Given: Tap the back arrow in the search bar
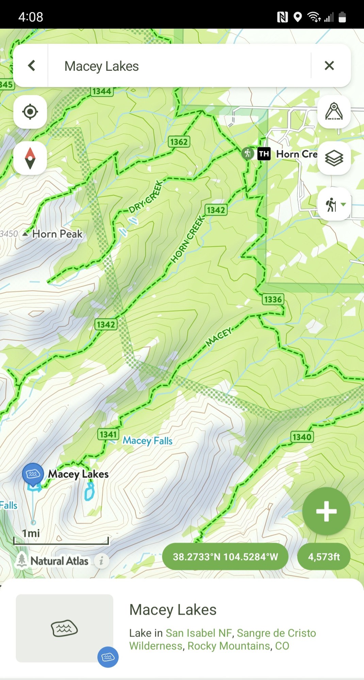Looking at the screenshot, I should [31, 66].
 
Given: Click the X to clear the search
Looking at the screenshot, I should [329, 66].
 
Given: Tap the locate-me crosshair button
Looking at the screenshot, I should [30, 112].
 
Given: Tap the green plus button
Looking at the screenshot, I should [326, 511].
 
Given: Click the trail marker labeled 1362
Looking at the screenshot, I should [179, 142].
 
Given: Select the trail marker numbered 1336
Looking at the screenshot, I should [273, 300].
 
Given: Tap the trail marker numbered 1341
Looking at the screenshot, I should [108, 434].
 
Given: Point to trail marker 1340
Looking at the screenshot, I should [302, 437].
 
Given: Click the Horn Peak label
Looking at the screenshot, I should [57, 234].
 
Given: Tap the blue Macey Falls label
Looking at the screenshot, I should [147, 441].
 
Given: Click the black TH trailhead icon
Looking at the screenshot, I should [264, 154].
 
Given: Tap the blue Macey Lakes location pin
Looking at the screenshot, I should [33, 474].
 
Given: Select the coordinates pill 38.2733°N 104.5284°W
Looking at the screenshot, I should [225, 557].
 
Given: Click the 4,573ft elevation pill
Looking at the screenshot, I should [324, 557].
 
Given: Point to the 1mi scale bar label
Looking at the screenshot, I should [31, 533].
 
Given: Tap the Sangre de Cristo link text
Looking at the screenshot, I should [276, 633].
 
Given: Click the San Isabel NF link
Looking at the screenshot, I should [199, 633].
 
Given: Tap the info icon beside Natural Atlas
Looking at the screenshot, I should [101, 561].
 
